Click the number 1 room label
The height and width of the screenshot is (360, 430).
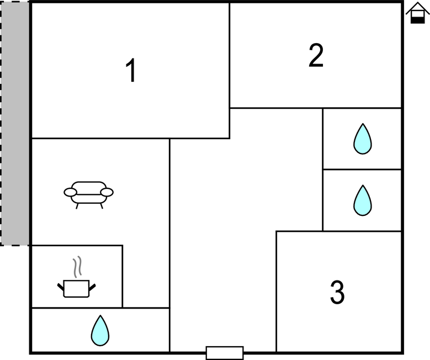131,71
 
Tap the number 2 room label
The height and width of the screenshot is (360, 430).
316,56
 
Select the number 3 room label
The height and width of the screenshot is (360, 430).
337,293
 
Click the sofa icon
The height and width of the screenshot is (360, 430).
89,194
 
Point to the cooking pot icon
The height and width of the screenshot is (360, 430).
76,288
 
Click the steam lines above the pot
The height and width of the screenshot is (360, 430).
78,266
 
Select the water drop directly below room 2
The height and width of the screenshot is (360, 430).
362,139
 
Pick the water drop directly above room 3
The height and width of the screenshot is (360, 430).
362,200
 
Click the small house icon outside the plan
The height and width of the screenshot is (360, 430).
417,13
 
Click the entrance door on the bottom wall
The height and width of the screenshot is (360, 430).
225,352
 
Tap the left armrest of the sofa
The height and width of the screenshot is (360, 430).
70,192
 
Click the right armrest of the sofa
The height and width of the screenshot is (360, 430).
107,192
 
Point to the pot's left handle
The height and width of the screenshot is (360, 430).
61,286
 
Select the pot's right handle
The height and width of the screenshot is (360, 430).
92,286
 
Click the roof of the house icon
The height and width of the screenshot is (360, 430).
417,7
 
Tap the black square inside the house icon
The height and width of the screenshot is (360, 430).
418,19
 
